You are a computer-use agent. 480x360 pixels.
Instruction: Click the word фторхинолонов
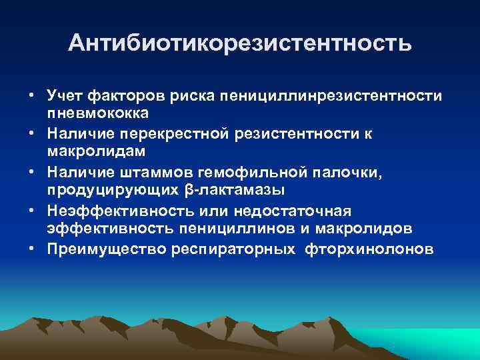369,248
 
